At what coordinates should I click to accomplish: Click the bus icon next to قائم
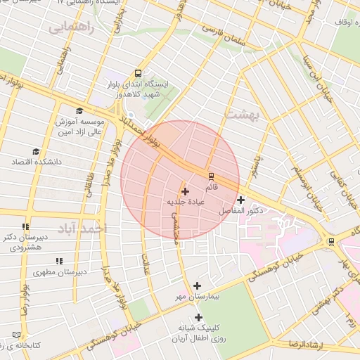(x=210, y=175)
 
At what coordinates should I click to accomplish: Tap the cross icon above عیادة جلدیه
(x=185, y=191)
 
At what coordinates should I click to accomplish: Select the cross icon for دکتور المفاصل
(x=241, y=200)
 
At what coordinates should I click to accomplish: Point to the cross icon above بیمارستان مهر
(x=197, y=285)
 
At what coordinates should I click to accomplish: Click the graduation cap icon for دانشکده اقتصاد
(x=36, y=151)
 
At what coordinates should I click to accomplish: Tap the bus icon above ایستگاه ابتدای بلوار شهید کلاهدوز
(x=137, y=73)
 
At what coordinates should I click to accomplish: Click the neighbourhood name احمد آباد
(x=82, y=229)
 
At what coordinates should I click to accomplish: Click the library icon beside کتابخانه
(x=16, y=335)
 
